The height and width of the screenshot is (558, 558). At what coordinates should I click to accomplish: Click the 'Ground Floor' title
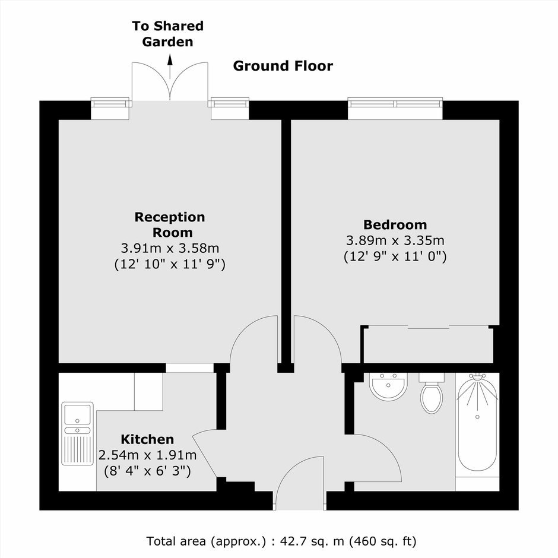tap(283, 66)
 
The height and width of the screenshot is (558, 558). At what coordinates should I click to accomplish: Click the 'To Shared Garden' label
tap(167, 34)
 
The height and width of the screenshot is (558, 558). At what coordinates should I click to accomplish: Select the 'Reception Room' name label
tap(170, 224)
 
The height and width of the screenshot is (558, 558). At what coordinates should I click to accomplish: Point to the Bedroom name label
tap(395, 225)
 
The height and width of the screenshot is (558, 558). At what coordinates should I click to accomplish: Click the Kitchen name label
tap(147, 439)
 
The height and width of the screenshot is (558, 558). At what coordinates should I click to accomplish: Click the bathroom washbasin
tap(388, 386)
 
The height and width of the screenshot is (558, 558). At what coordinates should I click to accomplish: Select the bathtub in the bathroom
tap(477, 425)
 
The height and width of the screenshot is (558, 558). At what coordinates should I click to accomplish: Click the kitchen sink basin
tap(77, 414)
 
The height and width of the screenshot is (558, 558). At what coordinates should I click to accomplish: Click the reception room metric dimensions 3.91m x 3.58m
tap(170, 248)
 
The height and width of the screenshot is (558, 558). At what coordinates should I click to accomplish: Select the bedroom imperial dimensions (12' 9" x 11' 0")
tap(395, 256)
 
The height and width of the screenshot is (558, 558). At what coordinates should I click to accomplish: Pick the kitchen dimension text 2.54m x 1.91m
tap(147, 455)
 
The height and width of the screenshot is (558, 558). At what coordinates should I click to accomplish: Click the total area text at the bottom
tap(281, 541)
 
